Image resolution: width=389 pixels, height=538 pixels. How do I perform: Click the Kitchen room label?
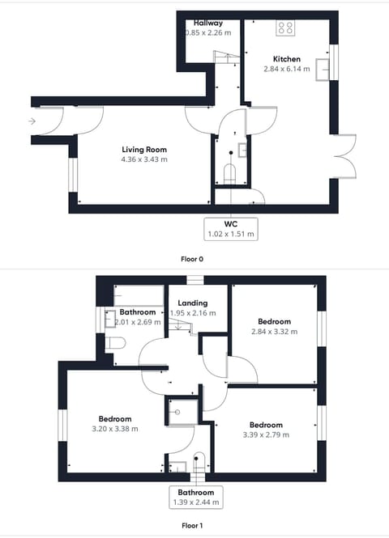pyautogui.click(x=287, y=59)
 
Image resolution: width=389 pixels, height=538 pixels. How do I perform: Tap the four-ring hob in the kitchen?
pyautogui.click(x=285, y=28)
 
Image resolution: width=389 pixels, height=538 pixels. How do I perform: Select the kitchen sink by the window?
pyautogui.click(x=323, y=70)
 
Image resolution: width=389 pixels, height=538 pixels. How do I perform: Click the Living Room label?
pyautogui.click(x=144, y=149)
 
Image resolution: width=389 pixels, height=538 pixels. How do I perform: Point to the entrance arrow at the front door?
pyautogui.click(x=32, y=121)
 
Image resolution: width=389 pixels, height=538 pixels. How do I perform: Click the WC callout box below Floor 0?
pyautogui.click(x=231, y=229)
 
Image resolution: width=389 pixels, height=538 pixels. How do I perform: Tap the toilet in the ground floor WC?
pyautogui.click(x=229, y=174)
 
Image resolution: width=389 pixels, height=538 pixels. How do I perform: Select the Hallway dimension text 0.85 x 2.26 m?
pyautogui.click(x=208, y=33)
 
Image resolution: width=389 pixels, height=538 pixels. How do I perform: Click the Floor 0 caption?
pyautogui.click(x=192, y=259)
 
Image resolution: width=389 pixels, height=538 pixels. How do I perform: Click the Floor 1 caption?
pyautogui.click(x=192, y=525)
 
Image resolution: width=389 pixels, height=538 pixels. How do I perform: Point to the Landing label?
pyautogui.click(x=192, y=303)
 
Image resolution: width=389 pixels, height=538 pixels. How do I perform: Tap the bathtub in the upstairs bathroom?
pyautogui.click(x=139, y=295)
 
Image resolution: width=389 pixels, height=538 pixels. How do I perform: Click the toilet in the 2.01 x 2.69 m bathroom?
pyautogui.click(x=115, y=343)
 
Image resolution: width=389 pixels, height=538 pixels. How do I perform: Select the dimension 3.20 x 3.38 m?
pyautogui.click(x=115, y=429)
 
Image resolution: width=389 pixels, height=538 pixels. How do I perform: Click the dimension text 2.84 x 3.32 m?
pyautogui.click(x=274, y=332)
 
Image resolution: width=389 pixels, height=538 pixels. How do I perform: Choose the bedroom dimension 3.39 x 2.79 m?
pyautogui.click(x=266, y=434)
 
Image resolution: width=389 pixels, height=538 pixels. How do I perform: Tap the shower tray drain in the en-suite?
pyautogui.click(x=177, y=412)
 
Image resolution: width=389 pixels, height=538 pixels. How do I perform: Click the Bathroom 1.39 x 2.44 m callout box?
pyautogui.click(x=196, y=498)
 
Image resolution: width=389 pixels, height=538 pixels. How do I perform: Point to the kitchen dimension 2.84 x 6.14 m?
pyautogui.click(x=287, y=69)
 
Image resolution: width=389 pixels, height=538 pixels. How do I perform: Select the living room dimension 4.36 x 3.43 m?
pyautogui.click(x=144, y=159)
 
